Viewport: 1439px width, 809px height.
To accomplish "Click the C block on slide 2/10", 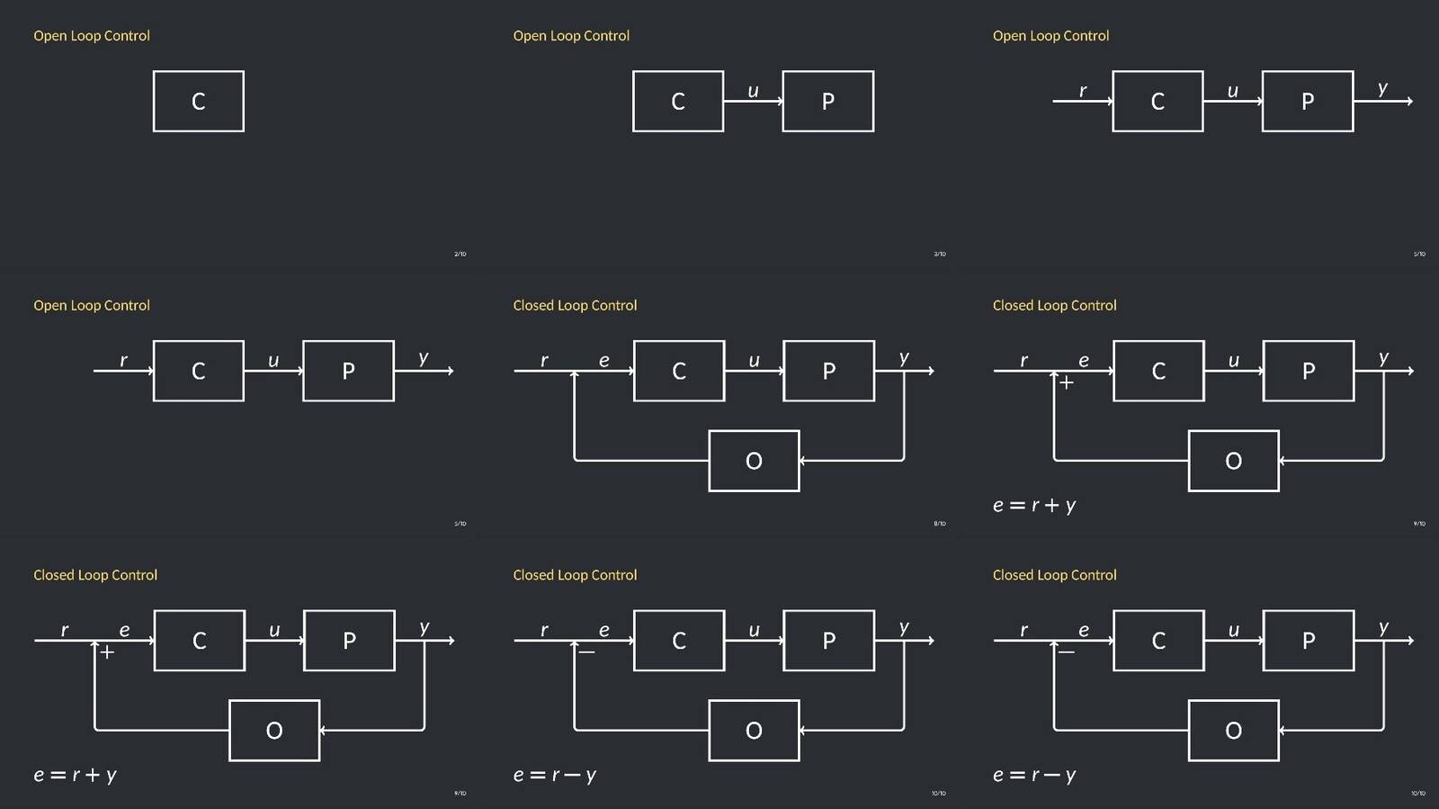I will [198, 101].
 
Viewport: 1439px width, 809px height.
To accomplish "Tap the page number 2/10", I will [460, 254].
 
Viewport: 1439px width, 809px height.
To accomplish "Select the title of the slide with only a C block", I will [92, 36].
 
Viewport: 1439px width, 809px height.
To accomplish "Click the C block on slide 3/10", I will [677, 101].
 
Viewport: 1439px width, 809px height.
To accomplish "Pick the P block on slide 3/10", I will [827, 101].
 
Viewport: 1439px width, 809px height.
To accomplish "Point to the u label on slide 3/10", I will [753, 91].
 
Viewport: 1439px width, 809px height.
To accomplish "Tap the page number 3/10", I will [939, 254].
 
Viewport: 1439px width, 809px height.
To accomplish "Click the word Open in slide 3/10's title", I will [530, 36].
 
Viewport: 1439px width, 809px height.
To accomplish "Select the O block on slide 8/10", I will [754, 461].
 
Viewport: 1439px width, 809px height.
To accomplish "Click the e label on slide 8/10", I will [603, 361].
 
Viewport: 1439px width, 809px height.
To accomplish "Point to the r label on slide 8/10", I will [544, 361].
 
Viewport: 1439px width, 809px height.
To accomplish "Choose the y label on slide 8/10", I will [904, 358].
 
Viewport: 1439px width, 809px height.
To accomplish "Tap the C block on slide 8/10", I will [678, 371].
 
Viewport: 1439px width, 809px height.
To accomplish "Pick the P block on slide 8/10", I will [828, 371].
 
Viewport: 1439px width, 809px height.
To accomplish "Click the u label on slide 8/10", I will [754, 361].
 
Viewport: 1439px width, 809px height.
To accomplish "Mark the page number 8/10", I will [939, 524].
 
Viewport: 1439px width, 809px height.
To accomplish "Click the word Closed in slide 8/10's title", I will [533, 306].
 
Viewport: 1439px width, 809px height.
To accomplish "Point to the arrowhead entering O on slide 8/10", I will [802, 461].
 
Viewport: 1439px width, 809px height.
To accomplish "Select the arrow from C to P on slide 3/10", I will [753, 102].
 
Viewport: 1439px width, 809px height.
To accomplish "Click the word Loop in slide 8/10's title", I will [572, 306].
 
